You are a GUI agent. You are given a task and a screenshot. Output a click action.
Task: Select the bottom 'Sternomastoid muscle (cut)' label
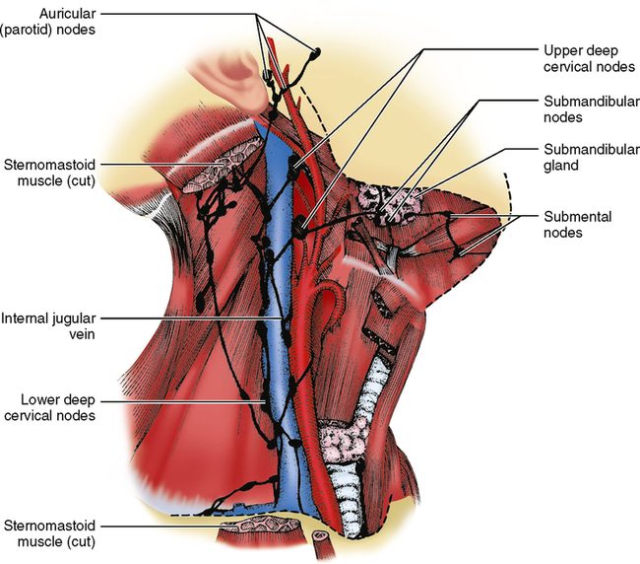49,533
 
